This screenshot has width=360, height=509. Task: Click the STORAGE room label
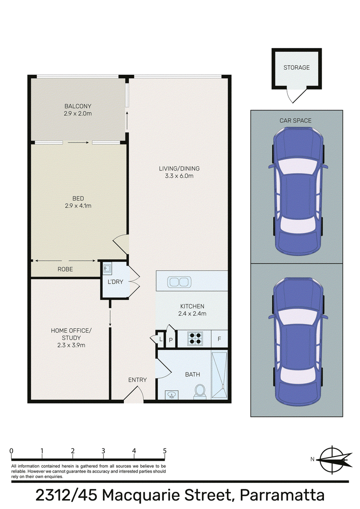[x=296, y=67]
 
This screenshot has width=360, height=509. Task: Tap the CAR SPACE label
[x=295, y=121]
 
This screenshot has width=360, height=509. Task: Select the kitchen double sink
[x=179, y=282]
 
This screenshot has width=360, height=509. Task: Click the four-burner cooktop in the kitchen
[x=195, y=338]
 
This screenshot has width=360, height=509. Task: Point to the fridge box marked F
[x=219, y=339]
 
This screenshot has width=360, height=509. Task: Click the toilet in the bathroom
[x=200, y=391]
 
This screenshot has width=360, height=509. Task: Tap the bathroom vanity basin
[x=171, y=395]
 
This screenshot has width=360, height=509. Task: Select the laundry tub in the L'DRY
[x=107, y=268]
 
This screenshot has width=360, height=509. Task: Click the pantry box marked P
[x=171, y=340]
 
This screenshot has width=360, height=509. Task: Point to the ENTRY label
[x=137, y=380]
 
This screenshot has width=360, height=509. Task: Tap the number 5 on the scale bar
[x=165, y=451]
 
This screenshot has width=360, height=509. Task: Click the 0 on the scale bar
[x=11, y=451]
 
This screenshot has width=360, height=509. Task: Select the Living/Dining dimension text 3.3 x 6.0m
[x=179, y=176]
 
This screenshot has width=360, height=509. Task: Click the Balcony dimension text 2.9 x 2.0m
[x=78, y=114]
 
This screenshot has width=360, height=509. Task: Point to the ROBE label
[x=65, y=269]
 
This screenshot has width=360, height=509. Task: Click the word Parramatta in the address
[x=282, y=496]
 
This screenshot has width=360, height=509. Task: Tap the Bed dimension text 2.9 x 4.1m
[x=78, y=206]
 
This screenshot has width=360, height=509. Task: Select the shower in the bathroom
[x=219, y=375]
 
